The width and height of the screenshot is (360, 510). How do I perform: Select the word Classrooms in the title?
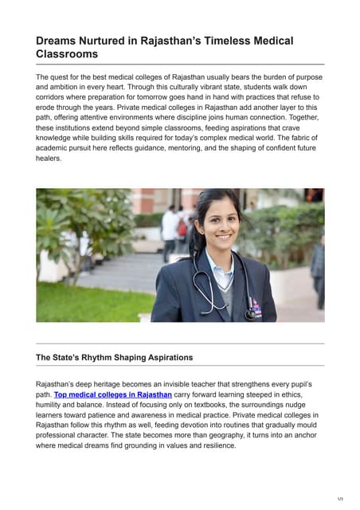pos(68,54)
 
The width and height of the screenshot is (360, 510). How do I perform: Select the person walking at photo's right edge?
pos(318,271)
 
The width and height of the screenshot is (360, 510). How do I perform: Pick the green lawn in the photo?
pos(88,303)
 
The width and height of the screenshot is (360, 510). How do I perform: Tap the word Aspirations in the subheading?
pos(163,357)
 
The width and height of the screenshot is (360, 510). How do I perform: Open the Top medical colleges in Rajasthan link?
pos(112,394)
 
